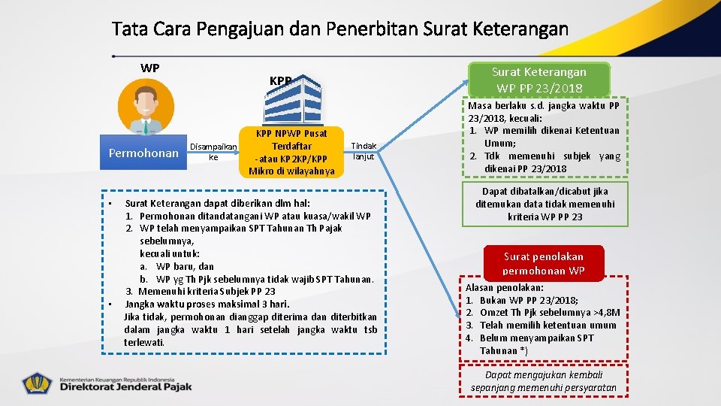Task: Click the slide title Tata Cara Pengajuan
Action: (339, 29)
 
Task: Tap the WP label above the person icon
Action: (149, 68)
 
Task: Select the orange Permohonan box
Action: (143, 153)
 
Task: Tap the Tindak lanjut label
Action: (364, 151)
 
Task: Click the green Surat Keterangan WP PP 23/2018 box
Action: (538, 80)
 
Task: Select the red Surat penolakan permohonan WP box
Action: (543, 264)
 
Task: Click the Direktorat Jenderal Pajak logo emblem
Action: (38, 383)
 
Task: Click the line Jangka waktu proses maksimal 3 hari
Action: (207, 304)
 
